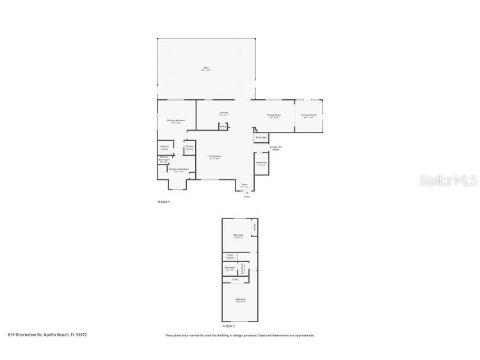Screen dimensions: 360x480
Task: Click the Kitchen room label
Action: (224, 113)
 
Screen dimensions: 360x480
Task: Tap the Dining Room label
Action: (274, 115)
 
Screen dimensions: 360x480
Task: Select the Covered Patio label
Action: (308, 115)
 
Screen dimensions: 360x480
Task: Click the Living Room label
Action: (214, 156)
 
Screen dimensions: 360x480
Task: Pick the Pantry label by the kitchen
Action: (222, 127)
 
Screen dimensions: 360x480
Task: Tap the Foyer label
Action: (244, 184)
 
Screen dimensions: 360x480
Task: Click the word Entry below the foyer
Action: (247, 196)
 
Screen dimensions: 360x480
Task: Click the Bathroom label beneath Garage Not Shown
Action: (261, 163)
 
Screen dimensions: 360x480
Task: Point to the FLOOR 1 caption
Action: (164, 202)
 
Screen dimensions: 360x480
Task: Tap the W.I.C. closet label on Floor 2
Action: (230, 256)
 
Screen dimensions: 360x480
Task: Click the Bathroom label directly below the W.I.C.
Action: (229, 268)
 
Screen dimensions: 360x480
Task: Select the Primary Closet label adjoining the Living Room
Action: (189, 147)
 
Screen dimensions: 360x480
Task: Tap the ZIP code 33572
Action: (81, 334)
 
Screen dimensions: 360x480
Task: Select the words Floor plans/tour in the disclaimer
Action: (177, 335)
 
